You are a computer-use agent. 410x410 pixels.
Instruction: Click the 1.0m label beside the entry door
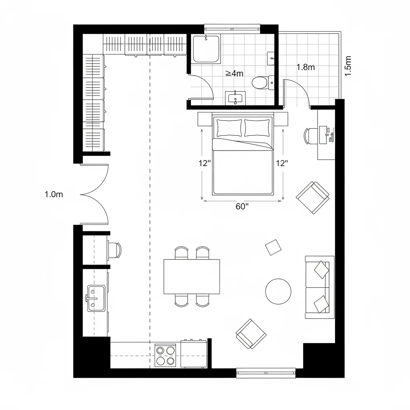(x=54, y=195)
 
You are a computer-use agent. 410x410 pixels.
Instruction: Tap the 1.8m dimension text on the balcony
(x=305, y=67)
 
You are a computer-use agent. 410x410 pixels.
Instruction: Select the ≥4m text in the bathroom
(x=234, y=73)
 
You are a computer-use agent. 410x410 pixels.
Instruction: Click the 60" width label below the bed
(x=242, y=207)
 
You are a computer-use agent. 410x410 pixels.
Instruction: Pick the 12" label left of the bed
(x=205, y=163)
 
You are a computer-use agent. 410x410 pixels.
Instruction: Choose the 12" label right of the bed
(x=282, y=163)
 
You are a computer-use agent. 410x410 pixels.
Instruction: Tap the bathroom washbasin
(x=235, y=97)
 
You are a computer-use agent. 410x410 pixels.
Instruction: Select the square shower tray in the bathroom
(x=206, y=49)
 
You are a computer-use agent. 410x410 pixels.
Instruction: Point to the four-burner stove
(x=166, y=356)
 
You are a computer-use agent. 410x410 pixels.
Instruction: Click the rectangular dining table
(x=192, y=277)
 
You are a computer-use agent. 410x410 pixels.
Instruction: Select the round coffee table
(x=278, y=291)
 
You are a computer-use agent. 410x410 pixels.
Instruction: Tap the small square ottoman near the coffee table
(x=273, y=247)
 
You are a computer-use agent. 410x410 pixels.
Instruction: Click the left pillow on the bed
(x=229, y=128)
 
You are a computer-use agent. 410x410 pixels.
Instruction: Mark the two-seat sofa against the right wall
(x=320, y=287)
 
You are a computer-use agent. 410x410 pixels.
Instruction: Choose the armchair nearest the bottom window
(x=251, y=334)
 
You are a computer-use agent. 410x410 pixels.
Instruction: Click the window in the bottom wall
(x=266, y=373)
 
